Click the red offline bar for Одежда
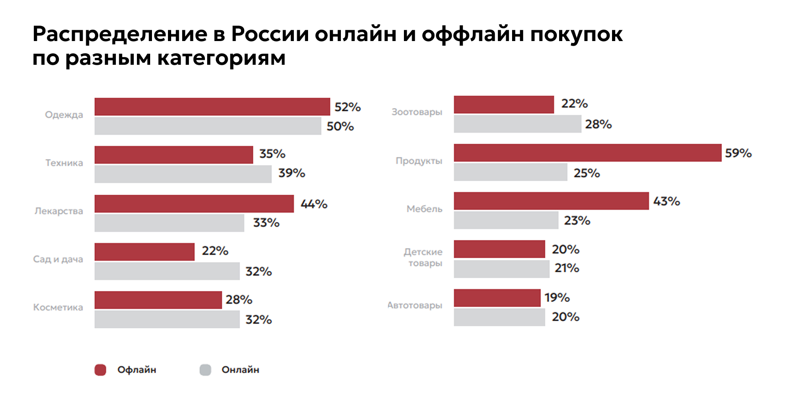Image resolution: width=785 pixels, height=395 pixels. (212, 107)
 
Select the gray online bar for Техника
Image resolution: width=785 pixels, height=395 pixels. (183, 174)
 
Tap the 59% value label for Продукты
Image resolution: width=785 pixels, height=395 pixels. (738, 153)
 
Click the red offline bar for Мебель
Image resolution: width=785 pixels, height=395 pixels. (551, 201)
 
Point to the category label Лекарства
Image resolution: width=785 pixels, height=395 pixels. (59, 211)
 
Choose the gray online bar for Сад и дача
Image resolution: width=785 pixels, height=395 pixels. (167, 271)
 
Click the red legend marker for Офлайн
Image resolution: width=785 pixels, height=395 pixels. (100, 370)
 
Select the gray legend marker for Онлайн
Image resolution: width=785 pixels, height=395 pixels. (205, 370)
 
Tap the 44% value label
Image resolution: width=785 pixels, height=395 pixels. (314, 204)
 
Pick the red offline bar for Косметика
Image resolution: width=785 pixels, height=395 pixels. (158, 300)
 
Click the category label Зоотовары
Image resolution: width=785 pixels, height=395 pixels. (417, 112)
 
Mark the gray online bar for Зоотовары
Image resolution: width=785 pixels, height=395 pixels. (517, 124)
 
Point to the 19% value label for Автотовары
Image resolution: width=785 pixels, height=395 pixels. (557, 298)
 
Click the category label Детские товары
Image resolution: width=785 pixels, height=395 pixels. (424, 258)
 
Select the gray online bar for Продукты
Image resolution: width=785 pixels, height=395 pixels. (510, 172)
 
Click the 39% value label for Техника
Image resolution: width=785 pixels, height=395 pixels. (292, 173)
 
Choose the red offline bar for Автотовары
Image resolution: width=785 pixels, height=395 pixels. (497, 298)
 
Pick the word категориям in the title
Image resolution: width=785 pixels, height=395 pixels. (221, 58)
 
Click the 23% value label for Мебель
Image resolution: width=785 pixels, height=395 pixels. (577, 221)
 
